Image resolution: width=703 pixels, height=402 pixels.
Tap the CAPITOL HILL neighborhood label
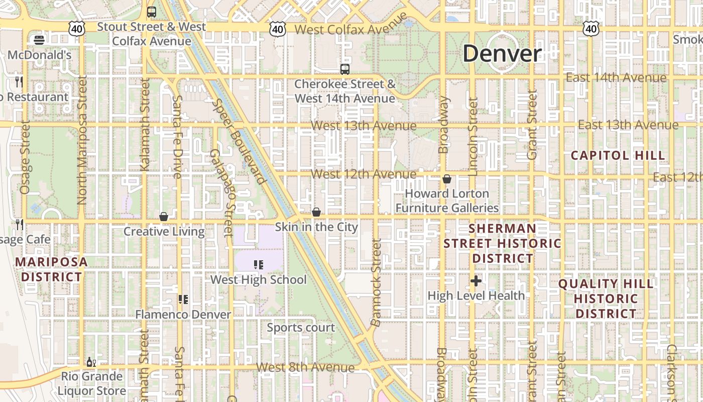pos(618,155)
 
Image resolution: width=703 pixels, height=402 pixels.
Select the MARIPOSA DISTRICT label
pos(51,269)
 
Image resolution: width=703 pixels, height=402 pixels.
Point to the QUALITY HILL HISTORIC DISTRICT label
pos(606,298)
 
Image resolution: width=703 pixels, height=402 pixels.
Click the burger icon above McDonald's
pos(39,40)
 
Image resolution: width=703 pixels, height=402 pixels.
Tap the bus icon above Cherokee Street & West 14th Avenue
pos(344,69)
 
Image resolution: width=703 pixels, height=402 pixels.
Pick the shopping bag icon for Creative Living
pos(163,217)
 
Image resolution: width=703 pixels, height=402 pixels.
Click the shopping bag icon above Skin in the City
pos(316,212)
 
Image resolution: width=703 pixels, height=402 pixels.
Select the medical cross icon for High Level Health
pos(476,281)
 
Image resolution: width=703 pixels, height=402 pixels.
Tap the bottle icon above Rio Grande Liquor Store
pos(91,362)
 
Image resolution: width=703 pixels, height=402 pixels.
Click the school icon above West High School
pos(259,264)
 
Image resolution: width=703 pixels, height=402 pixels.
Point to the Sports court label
pos(301,328)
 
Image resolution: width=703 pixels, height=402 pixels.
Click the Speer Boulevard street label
pos(239,141)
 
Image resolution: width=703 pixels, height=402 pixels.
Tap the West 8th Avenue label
pos(305,367)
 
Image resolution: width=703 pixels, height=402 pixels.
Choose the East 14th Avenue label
pos(616,77)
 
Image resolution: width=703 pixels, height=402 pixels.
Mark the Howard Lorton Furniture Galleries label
pos(447,200)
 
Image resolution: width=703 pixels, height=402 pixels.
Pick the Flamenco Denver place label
pos(183,315)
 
